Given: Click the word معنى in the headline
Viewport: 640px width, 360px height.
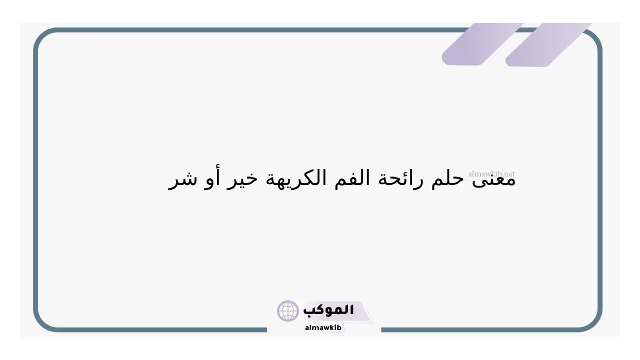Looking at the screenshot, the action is [x=493, y=179].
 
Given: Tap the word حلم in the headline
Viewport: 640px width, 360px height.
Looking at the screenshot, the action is [x=447, y=179].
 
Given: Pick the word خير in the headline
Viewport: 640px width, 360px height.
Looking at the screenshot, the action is [x=242, y=180].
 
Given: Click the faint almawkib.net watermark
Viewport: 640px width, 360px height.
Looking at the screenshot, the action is [x=491, y=173].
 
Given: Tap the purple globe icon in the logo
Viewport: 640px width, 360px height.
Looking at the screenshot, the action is [x=287, y=311].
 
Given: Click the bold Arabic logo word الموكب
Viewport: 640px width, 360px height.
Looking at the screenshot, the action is [x=328, y=310].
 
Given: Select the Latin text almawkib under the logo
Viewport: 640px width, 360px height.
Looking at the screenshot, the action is [x=323, y=327].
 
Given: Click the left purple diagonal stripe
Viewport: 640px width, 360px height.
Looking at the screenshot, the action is [x=483, y=44].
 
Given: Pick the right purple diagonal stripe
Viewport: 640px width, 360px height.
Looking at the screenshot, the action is [x=548, y=45].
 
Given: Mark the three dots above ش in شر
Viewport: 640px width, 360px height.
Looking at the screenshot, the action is [x=189, y=173].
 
